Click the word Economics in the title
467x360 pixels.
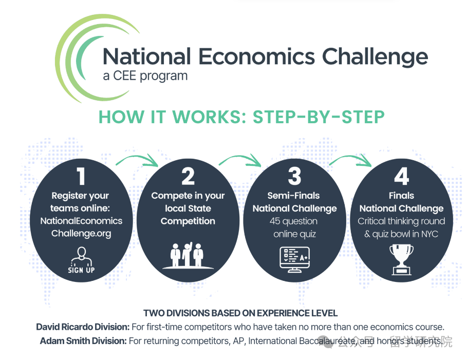click(x=256, y=56)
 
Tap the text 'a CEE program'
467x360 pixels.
click(x=145, y=76)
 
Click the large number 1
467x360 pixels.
click(x=81, y=176)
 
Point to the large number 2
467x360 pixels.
click(x=188, y=176)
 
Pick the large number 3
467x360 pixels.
click(x=294, y=176)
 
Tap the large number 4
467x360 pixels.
click(x=401, y=176)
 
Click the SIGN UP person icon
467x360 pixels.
click(x=81, y=260)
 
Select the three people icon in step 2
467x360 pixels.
click(x=188, y=255)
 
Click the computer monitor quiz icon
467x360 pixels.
click(x=295, y=259)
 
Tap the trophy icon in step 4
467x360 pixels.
click(x=401, y=259)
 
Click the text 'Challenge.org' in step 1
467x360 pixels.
click(x=81, y=234)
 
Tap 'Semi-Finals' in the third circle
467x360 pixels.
click(x=293, y=196)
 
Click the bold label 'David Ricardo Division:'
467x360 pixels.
click(x=83, y=327)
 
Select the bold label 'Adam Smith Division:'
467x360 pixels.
click(x=83, y=341)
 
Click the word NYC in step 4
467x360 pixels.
click(x=430, y=234)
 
